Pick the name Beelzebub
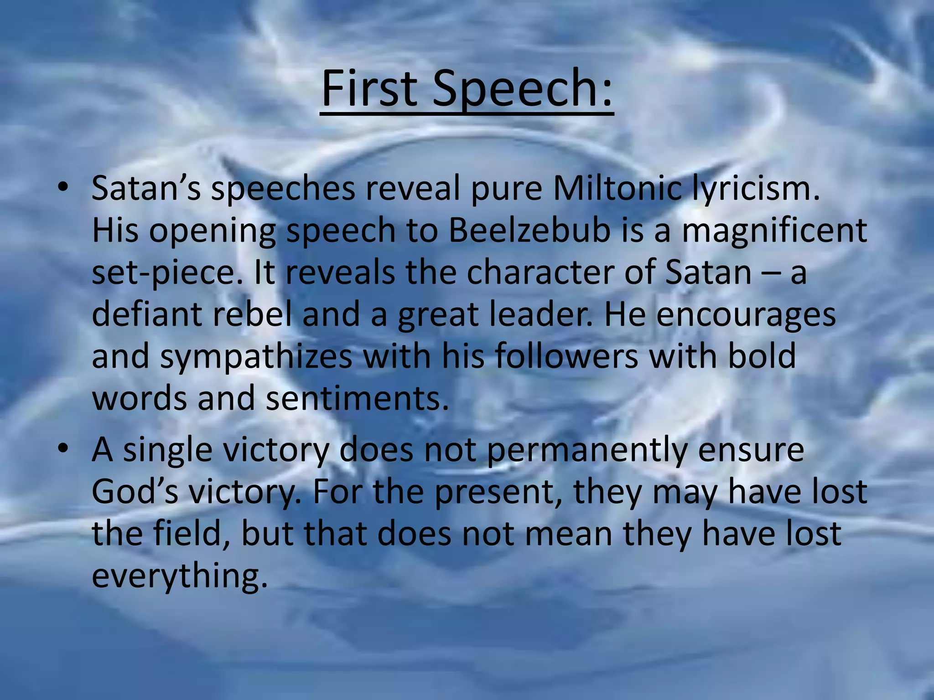coord(529,230)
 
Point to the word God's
coord(135,491)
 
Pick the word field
coord(192,533)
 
